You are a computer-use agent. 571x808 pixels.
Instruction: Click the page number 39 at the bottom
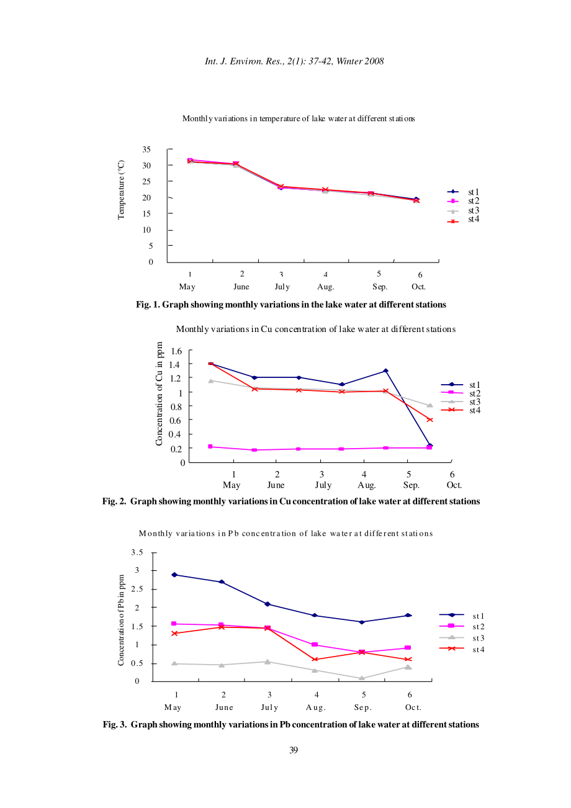click(293, 750)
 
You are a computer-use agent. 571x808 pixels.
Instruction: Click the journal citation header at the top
click(294, 61)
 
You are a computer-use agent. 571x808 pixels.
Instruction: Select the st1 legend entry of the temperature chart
click(463, 192)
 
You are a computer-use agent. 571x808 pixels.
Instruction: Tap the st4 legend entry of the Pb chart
click(462, 649)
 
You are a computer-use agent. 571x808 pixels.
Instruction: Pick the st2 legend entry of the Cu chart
click(461, 393)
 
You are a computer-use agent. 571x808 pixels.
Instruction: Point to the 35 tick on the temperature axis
click(146, 150)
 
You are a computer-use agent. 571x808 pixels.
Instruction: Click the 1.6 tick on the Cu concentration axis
click(176, 351)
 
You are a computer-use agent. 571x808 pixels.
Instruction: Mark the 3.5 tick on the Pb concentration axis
click(137, 552)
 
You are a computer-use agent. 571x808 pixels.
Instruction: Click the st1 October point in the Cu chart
click(429, 446)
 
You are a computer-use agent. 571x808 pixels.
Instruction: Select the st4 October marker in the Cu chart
click(429, 420)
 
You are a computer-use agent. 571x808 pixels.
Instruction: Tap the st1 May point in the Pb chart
click(174, 575)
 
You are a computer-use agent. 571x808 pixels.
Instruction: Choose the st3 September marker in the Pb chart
click(362, 678)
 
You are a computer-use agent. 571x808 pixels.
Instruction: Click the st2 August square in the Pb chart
click(315, 644)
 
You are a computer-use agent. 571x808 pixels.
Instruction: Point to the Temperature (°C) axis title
click(121, 190)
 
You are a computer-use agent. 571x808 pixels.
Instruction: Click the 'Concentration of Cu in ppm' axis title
click(159, 393)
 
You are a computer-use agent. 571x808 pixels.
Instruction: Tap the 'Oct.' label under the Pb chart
click(413, 707)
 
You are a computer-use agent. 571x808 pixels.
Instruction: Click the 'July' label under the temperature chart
click(282, 287)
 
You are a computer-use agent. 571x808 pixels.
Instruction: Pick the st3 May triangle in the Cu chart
click(210, 380)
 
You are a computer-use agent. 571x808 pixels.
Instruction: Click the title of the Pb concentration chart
click(285, 534)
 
